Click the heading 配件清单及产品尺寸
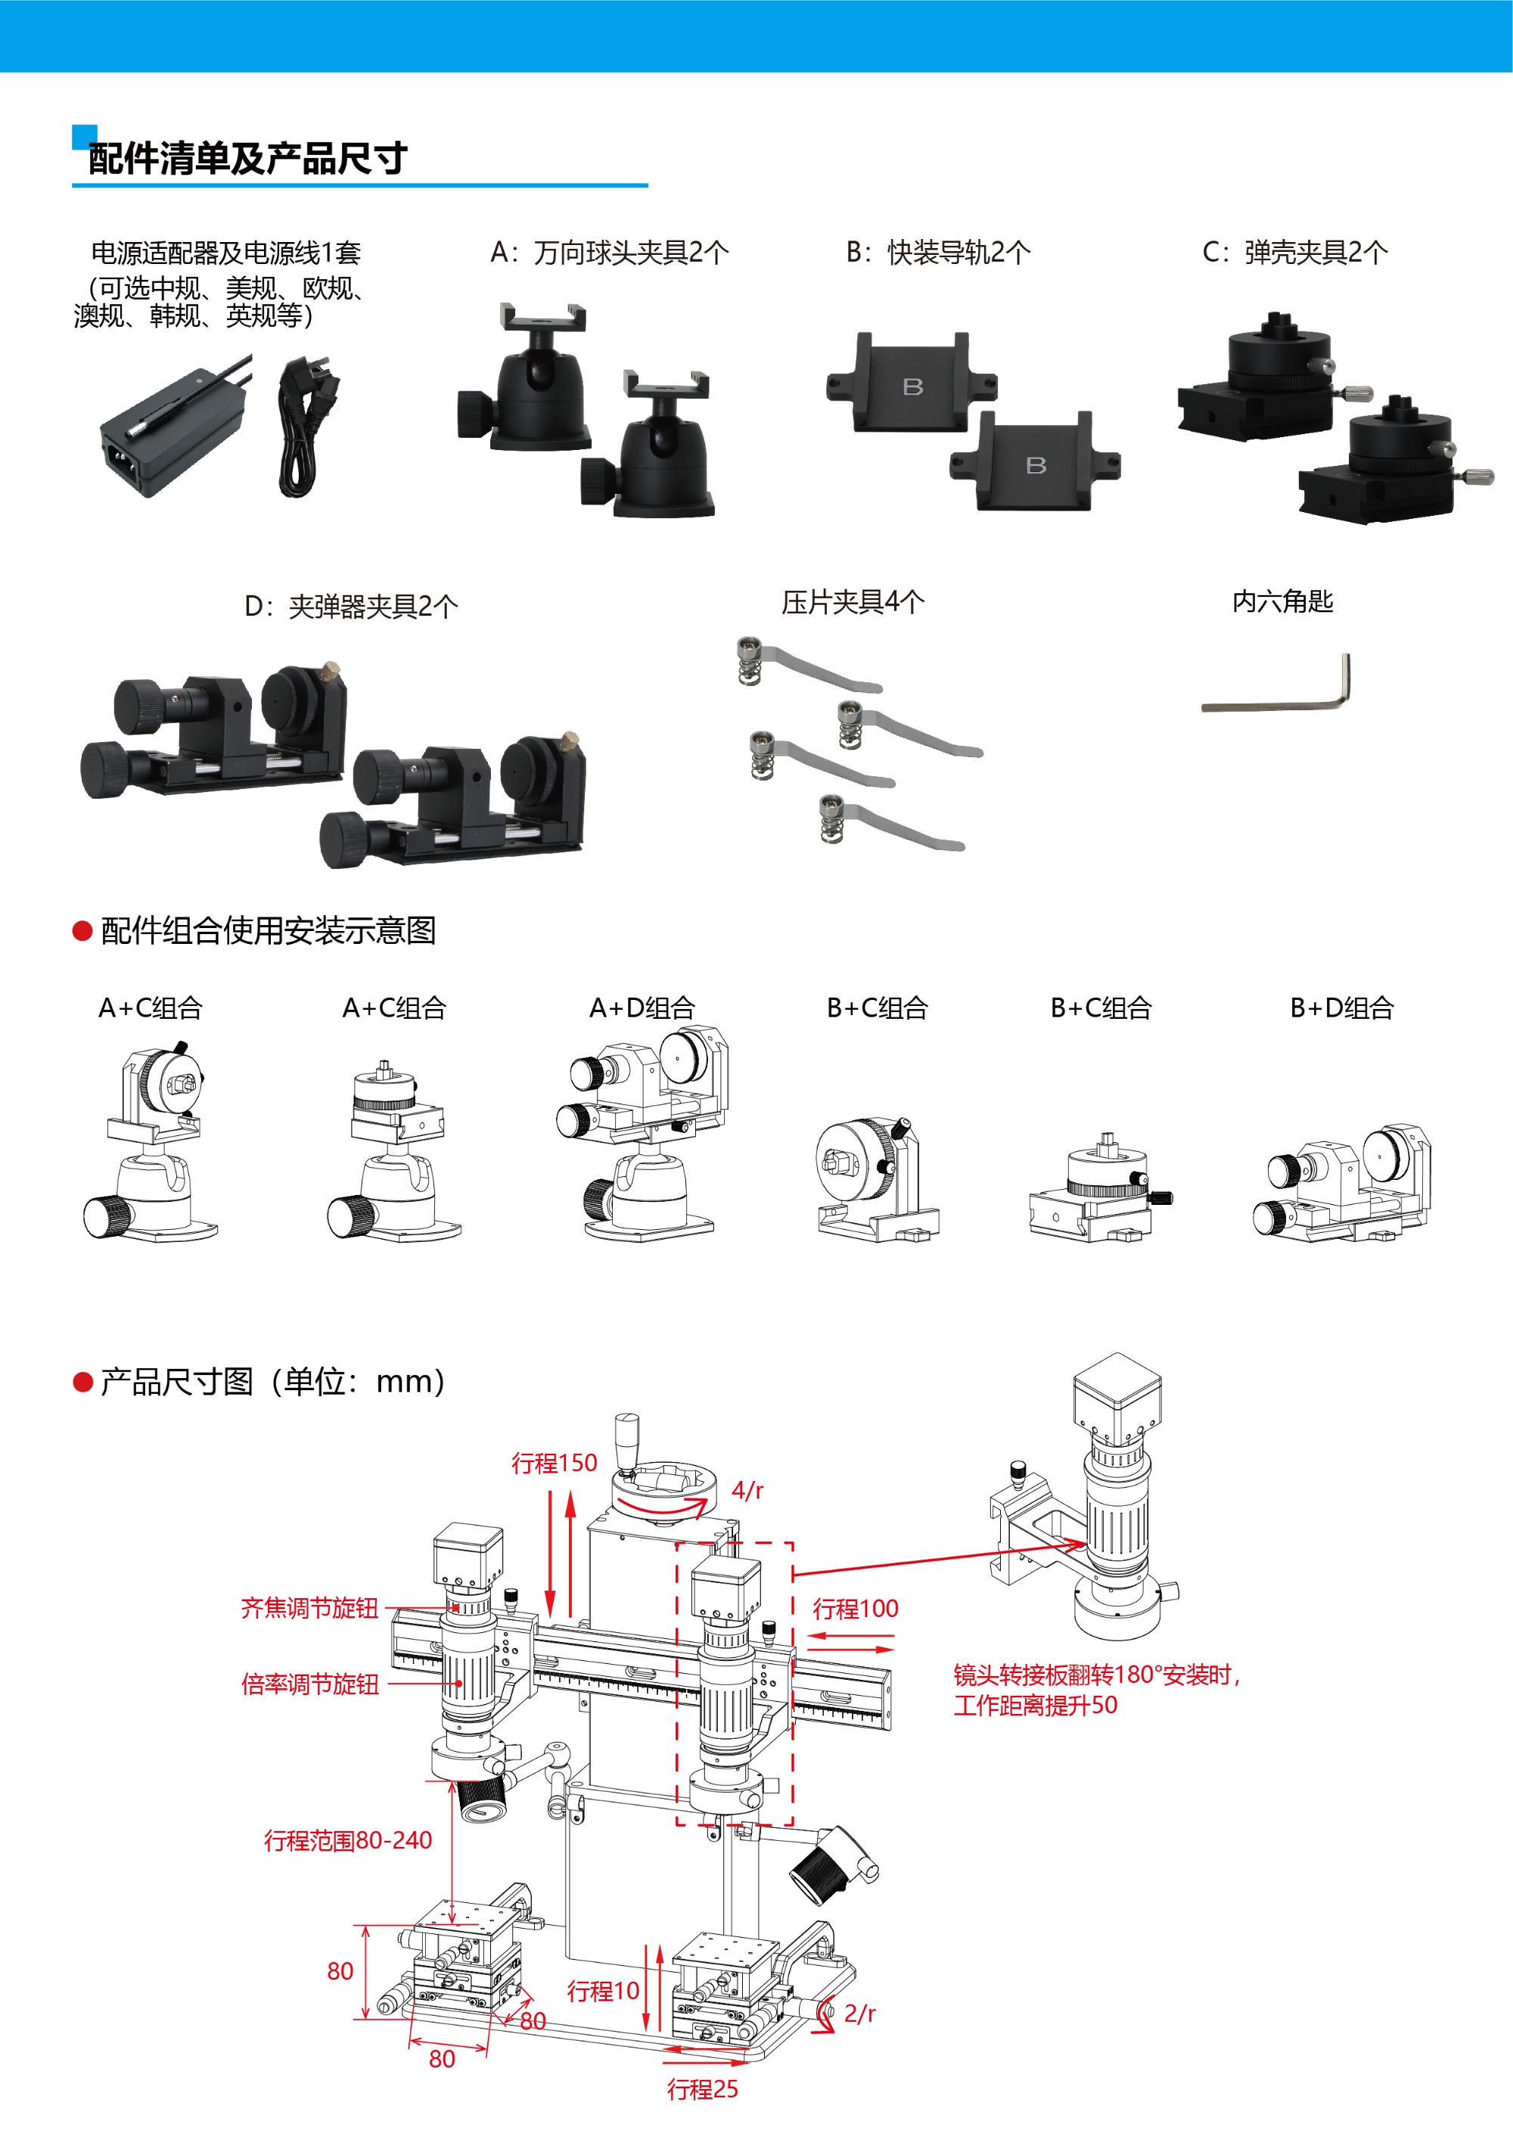pos(248,158)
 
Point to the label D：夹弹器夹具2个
pos(351,607)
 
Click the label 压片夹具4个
pos(853,602)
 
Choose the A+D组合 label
pos(643,1007)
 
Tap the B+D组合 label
pos(1341,1007)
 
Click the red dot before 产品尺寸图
pos(83,1382)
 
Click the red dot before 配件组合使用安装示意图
pos(83,930)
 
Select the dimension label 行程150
pos(555,1463)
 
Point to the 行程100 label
pos(856,1608)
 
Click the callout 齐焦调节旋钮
pos(309,1608)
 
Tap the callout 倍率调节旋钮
pos(309,1684)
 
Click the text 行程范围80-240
pos(347,1840)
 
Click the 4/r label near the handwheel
pos(747,1491)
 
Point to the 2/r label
pos(860,2013)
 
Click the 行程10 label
pos(603,1991)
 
